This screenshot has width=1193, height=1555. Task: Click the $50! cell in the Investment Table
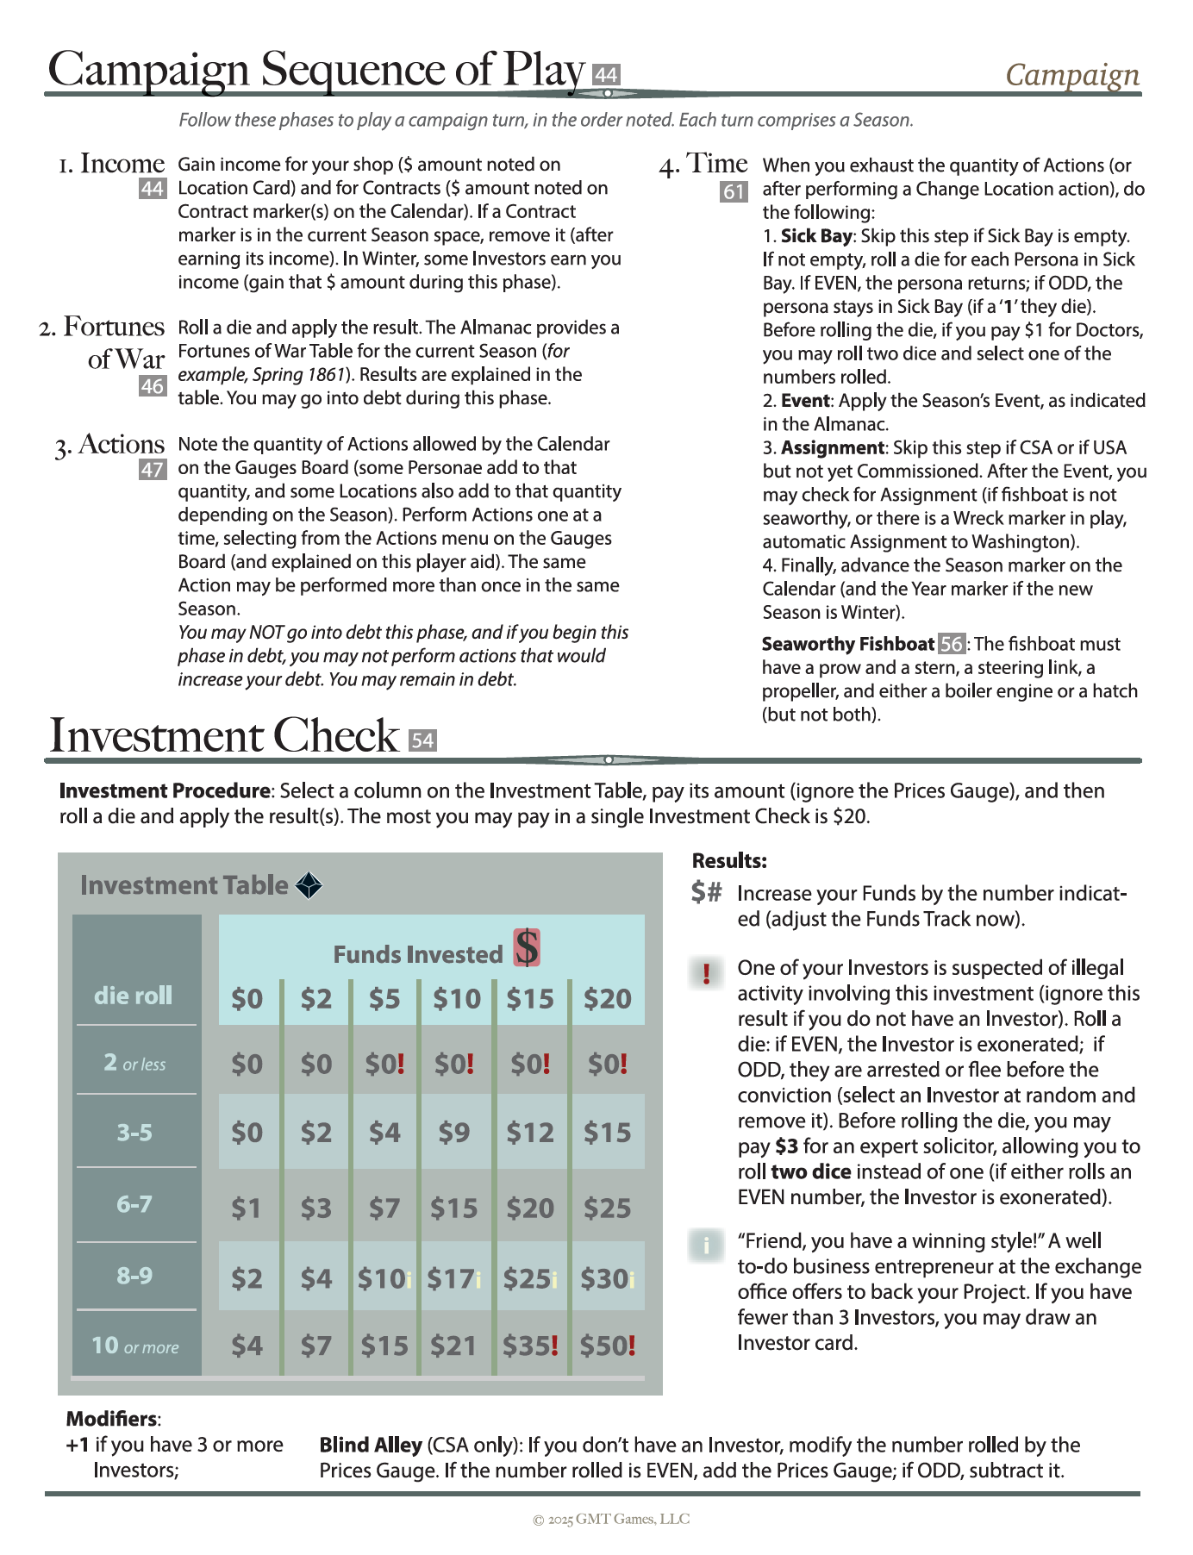pyautogui.click(x=607, y=1346)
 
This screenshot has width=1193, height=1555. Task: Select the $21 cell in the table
pyautogui.click(x=453, y=1346)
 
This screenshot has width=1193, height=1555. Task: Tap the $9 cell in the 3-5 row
pyautogui.click(x=453, y=1133)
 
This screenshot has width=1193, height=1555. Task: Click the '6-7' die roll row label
pyautogui.click(x=134, y=1204)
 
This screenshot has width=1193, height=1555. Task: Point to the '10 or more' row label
pyautogui.click(x=135, y=1346)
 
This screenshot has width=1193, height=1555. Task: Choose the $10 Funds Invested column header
pyautogui.click(x=456, y=999)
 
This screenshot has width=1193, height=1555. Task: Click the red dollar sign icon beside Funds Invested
pyautogui.click(x=527, y=948)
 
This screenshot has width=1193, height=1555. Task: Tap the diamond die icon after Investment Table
pyautogui.click(x=309, y=885)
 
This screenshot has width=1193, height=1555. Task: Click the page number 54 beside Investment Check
pyautogui.click(x=422, y=740)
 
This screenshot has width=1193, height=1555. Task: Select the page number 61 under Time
pyautogui.click(x=734, y=191)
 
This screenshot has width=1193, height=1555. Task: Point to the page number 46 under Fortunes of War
pyautogui.click(x=152, y=386)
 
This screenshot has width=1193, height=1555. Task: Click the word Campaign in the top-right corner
pyautogui.click(x=1072, y=75)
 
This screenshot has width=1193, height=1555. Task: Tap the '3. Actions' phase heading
pyautogui.click(x=110, y=445)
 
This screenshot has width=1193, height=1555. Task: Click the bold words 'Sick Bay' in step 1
pyautogui.click(x=816, y=236)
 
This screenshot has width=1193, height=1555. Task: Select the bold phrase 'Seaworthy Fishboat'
pyautogui.click(x=848, y=644)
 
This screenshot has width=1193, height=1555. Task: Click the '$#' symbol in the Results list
pyautogui.click(x=706, y=892)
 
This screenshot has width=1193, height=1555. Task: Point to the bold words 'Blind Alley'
pyautogui.click(x=371, y=1445)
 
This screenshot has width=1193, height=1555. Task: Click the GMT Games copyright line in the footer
pyautogui.click(x=611, y=1519)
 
